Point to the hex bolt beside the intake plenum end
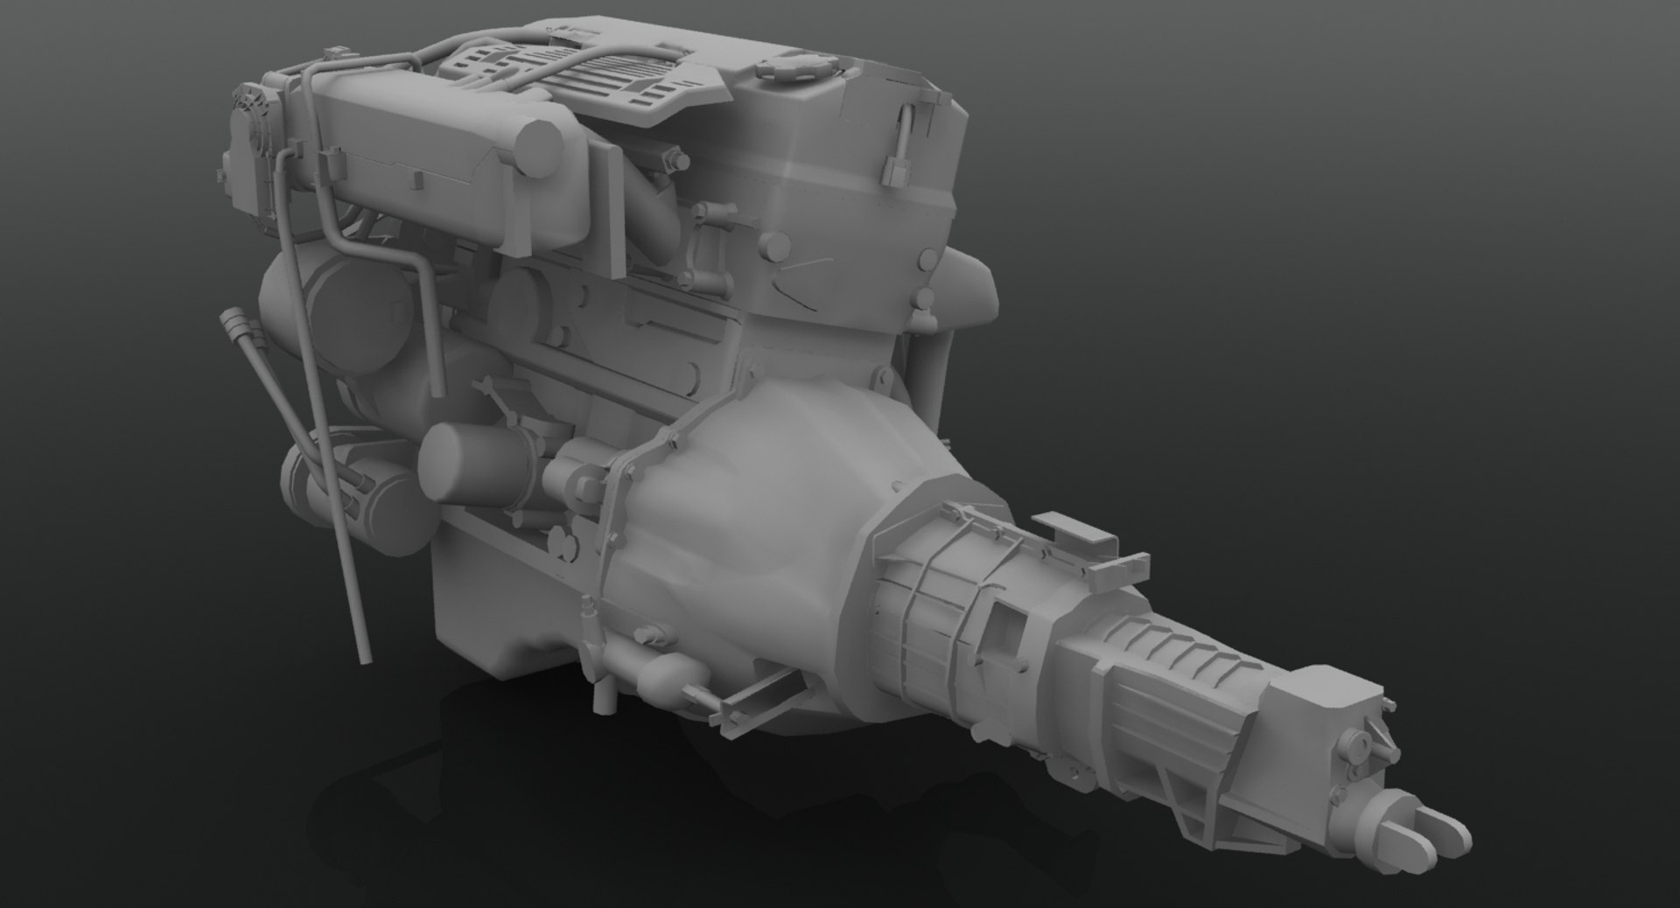pyautogui.click(x=677, y=163)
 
